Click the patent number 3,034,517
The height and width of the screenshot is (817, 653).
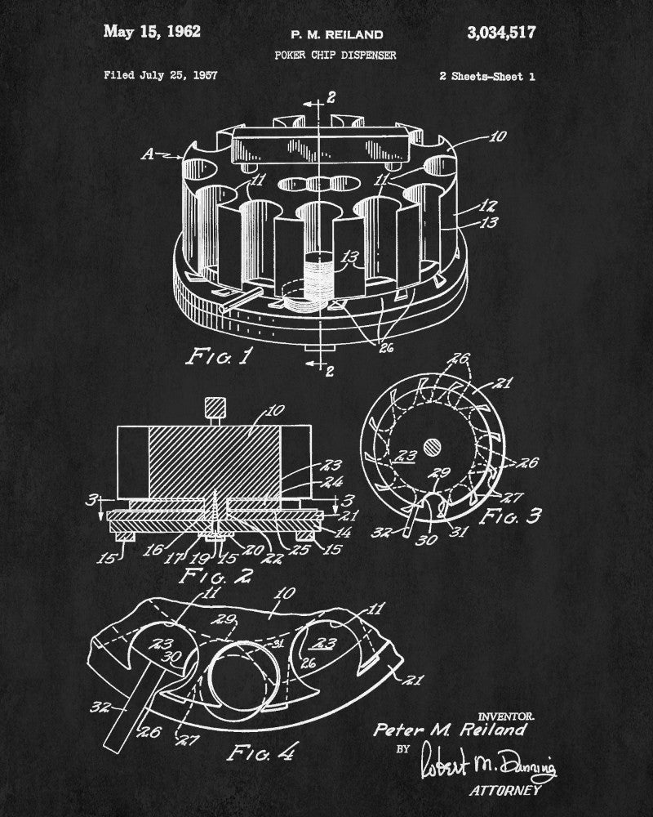coord(501,33)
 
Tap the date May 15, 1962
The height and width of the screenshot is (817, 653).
coord(152,32)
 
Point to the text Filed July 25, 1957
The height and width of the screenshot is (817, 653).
coord(161,75)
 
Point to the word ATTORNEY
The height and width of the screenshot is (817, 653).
coord(505,791)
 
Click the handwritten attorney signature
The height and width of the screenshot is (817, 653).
coord(487,765)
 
